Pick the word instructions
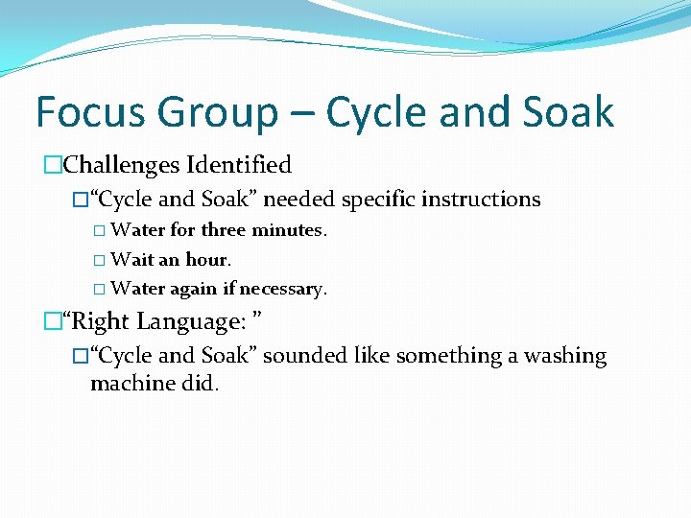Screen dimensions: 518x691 coord(485,200)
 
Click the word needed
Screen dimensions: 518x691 coord(298,200)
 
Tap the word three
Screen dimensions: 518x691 coord(225,230)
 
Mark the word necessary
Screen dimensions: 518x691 coord(283,289)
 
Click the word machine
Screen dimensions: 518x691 coord(128,385)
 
